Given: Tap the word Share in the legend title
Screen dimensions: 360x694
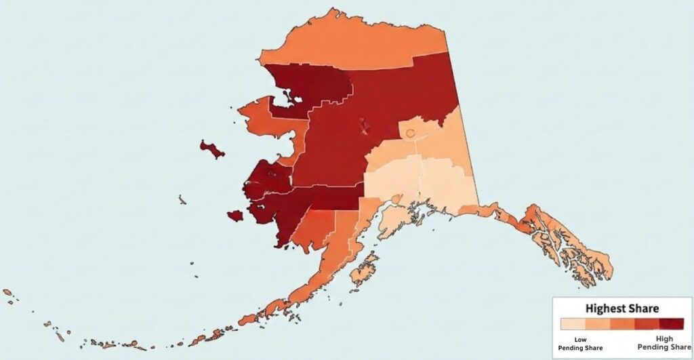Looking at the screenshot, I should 644,308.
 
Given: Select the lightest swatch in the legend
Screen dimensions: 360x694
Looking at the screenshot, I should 571,324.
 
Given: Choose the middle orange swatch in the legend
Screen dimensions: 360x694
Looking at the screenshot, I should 621,324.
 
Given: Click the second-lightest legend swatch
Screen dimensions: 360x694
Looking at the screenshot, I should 596,324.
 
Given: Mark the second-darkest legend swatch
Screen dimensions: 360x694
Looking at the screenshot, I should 645,324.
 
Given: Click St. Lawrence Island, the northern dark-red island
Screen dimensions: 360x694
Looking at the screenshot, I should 212,149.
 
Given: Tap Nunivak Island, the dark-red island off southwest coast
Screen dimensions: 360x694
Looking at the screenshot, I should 235,216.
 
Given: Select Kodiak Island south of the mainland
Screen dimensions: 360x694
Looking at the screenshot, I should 363,271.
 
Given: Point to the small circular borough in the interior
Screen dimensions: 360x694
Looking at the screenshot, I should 410,134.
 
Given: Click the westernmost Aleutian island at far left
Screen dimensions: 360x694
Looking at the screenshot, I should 7,292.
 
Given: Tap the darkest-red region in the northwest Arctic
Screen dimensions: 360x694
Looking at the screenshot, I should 319,85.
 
